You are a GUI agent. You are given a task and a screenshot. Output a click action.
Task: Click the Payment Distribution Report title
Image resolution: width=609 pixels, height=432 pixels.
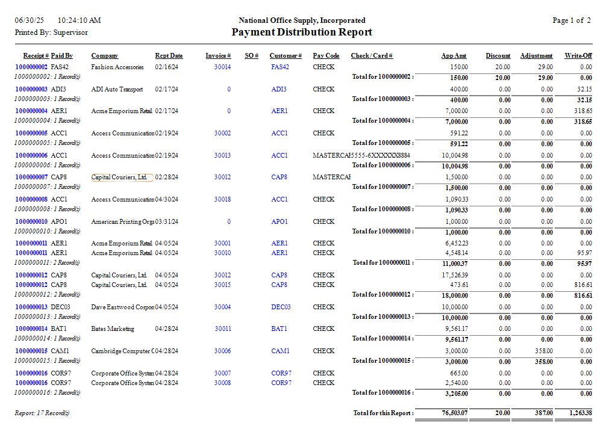[302, 32]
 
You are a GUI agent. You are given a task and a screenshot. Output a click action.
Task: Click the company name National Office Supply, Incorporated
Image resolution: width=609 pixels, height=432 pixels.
[302, 20]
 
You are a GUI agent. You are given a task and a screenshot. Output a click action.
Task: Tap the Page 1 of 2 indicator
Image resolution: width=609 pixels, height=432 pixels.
[571, 20]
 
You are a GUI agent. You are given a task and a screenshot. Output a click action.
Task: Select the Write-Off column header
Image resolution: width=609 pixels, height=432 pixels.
[578, 56]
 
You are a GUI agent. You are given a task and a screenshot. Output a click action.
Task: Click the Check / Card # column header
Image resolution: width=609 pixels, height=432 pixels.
[372, 56]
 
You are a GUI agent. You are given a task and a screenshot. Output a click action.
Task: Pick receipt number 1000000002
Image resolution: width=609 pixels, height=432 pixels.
[31, 67]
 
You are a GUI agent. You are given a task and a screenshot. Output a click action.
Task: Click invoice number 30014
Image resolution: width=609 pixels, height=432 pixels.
[222, 67]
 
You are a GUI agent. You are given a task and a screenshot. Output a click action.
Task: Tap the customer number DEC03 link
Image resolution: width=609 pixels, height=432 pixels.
[281, 307]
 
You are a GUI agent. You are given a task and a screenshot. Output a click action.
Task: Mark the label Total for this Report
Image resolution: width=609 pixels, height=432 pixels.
[383, 413]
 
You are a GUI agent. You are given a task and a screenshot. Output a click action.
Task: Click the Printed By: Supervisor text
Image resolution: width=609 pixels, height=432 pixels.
[51, 32]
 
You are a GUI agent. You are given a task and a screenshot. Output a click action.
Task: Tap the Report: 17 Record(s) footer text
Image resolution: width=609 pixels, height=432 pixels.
[42, 413]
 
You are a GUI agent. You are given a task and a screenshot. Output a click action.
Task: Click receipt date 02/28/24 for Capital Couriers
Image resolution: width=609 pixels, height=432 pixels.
[166, 177]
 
